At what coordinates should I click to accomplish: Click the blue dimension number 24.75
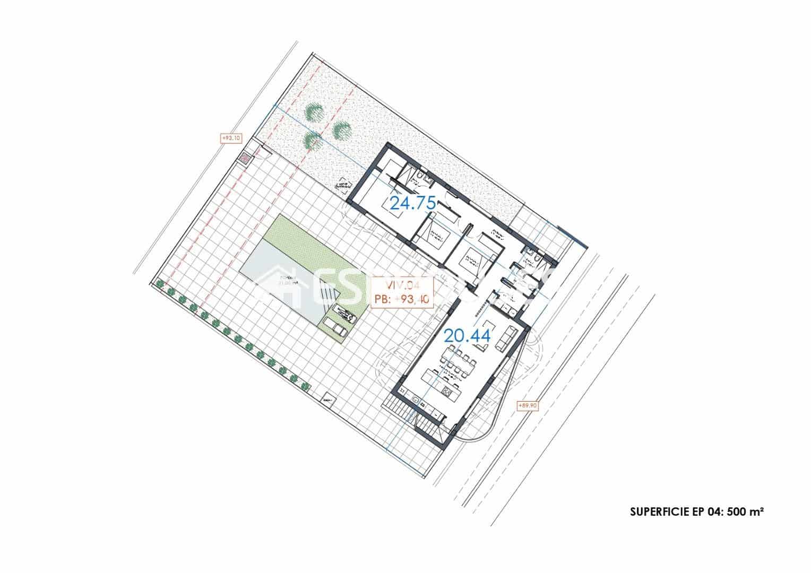pyautogui.click(x=412, y=203)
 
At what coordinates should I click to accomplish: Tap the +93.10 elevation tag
pyautogui.click(x=231, y=138)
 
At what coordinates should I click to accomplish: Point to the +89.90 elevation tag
pyautogui.click(x=527, y=405)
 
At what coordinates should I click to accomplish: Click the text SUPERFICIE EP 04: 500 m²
pyautogui.click(x=696, y=512)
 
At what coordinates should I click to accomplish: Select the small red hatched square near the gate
pyautogui.click(x=245, y=158)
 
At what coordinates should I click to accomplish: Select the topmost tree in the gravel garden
pyautogui.click(x=315, y=112)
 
